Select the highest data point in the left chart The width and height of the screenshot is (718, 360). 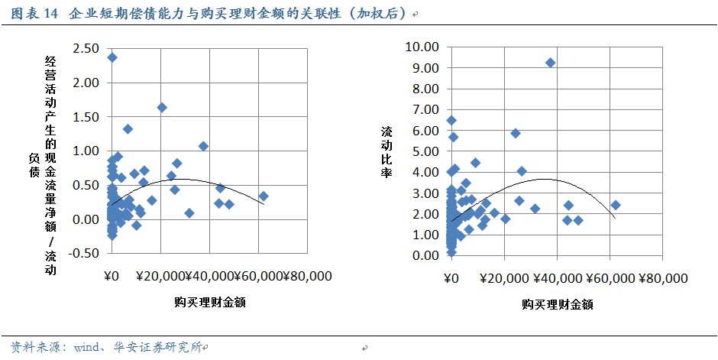click(112, 57)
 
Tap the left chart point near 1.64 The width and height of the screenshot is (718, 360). click(162, 108)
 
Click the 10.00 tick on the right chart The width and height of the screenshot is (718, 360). click(421, 47)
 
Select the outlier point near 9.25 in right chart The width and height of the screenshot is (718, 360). click(550, 63)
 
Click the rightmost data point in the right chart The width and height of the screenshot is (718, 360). click(616, 205)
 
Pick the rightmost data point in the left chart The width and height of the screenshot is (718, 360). click(264, 196)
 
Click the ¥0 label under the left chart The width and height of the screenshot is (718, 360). click(112, 276)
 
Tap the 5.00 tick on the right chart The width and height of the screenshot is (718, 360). click(424, 151)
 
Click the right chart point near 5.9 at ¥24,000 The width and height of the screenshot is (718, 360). click(516, 133)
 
